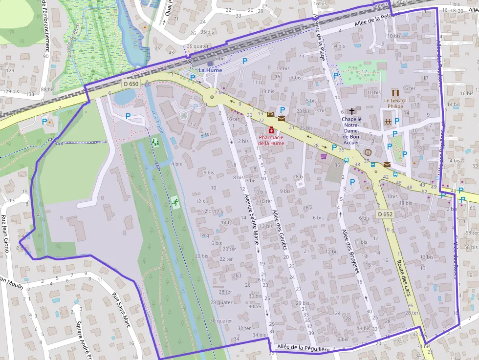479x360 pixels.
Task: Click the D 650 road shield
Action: click(x=131, y=84)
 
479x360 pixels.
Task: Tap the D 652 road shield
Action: click(x=385, y=214)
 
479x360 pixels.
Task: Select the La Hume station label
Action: click(x=210, y=70)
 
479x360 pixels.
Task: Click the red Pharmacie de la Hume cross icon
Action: click(x=271, y=130)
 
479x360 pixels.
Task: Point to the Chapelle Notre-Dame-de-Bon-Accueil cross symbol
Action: click(x=351, y=112)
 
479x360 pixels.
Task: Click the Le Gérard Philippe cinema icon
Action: click(x=395, y=93)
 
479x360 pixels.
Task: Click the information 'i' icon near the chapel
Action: click(x=368, y=152)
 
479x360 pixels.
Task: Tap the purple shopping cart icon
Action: click(x=323, y=157)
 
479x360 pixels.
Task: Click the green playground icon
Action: click(x=156, y=142)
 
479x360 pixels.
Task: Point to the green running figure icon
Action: click(x=174, y=201)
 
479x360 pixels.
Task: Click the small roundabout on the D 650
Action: click(x=212, y=97)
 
